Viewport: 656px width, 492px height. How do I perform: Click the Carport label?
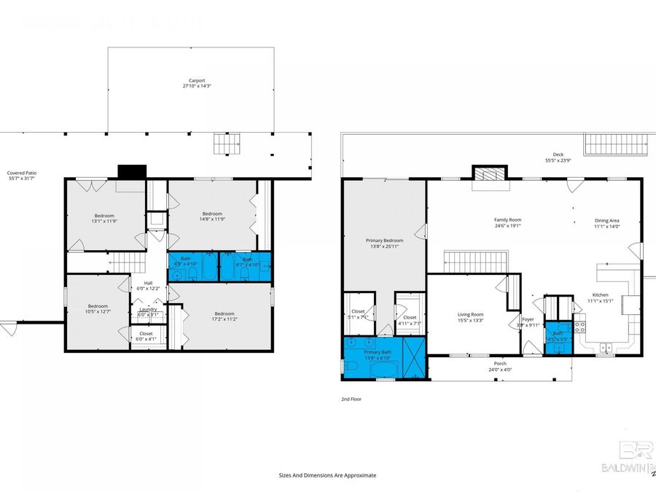coord(195,80)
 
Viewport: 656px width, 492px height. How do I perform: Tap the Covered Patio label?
coord(22,173)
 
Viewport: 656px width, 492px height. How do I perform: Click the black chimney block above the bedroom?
coord(132,171)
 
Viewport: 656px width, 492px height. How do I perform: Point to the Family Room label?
coord(507,220)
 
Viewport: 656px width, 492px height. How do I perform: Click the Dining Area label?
coord(606,220)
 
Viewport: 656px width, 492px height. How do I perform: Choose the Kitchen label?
coord(600,295)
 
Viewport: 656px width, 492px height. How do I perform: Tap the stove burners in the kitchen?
coord(580,327)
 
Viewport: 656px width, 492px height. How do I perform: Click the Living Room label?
coord(471,314)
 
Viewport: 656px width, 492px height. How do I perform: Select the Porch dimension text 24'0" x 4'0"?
coord(500,369)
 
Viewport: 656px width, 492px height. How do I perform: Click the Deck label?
coord(558,154)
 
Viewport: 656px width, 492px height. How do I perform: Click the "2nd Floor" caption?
coord(351,399)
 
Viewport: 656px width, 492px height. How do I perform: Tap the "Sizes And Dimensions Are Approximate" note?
coord(327,475)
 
